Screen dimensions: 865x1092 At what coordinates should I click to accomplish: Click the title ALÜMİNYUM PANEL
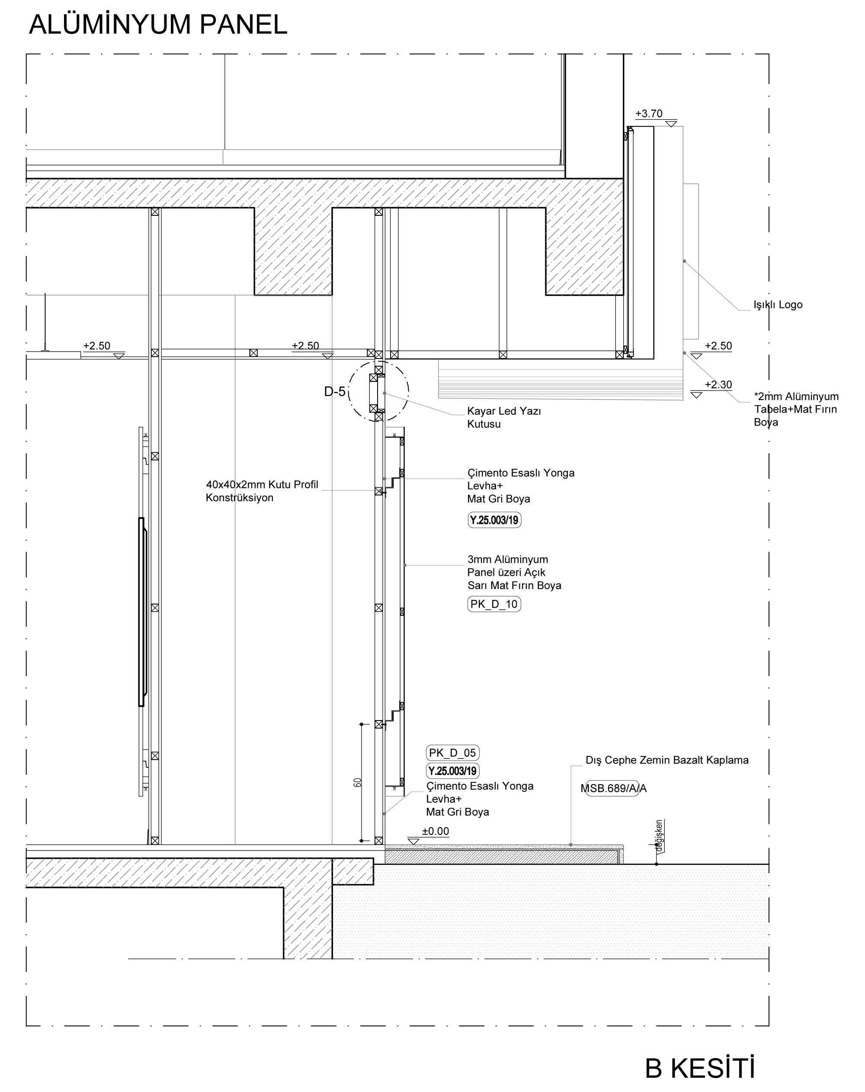coord(158,24)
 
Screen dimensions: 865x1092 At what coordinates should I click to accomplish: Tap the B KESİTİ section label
coord(700,1068)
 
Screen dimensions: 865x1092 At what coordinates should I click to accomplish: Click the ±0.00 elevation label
coord(436,831)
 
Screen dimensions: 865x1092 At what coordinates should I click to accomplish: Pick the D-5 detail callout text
coord(335,391)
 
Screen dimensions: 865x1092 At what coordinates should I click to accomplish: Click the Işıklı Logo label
coord(778,305)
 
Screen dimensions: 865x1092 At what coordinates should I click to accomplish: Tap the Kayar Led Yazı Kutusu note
coord(504,417)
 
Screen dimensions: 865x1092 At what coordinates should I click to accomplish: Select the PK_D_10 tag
coord(494,604)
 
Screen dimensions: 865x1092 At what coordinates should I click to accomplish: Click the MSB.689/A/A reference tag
coord(613,788)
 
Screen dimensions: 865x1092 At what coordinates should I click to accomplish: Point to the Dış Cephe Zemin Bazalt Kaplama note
coord(667,760)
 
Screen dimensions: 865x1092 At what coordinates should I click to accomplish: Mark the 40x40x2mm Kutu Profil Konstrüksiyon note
coord(262,491)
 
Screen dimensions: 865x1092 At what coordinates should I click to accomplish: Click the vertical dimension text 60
coord(358,782)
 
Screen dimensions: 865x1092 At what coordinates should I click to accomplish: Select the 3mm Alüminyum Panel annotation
coord(514,572)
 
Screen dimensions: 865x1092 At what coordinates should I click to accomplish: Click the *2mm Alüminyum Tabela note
coord(796,409)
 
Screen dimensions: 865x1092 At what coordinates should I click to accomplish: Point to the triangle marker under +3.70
coord(672,124)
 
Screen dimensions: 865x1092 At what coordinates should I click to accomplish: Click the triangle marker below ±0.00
coord(413,841)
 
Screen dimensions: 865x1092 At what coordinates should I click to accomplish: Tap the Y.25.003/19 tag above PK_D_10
coord(494,520)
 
